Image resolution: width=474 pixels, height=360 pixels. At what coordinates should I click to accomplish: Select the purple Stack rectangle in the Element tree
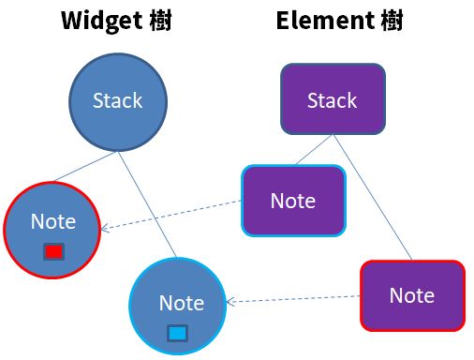(332, 99)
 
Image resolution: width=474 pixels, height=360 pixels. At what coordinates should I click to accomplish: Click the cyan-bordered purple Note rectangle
(293, 200)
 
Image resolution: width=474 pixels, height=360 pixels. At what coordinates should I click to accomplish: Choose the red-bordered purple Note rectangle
(412, 295)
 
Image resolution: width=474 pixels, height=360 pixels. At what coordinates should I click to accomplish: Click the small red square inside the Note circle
(53, 251)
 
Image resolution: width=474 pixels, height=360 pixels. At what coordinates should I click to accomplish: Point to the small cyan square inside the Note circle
(177, 332)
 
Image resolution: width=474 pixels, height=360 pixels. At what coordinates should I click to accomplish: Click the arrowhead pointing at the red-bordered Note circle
(106, 228)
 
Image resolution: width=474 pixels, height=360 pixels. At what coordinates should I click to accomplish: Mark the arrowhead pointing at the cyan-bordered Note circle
(230, 302)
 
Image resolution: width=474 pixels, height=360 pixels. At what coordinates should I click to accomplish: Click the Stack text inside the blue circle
(118, 100)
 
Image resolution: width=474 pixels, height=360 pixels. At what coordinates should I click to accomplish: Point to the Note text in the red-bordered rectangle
(412, 295)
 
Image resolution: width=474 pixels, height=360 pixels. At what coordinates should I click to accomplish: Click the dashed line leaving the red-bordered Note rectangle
(300, 299)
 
